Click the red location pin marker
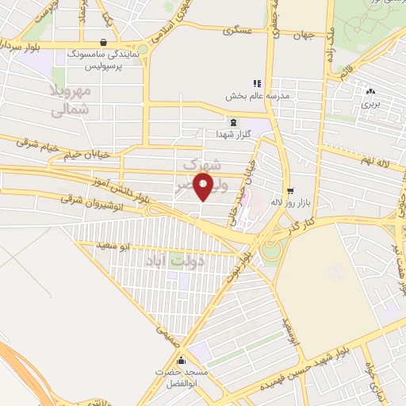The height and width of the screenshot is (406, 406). coord(204,187)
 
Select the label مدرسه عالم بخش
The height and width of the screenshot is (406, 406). coord(282,96)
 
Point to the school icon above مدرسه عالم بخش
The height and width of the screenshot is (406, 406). coord(256,82)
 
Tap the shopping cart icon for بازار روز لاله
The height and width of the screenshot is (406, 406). coord(290,190)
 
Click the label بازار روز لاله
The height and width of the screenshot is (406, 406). coord(288,203)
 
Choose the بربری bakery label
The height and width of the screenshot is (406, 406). coord(371,103)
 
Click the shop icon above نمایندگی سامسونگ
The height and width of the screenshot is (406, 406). coord(104,43)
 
